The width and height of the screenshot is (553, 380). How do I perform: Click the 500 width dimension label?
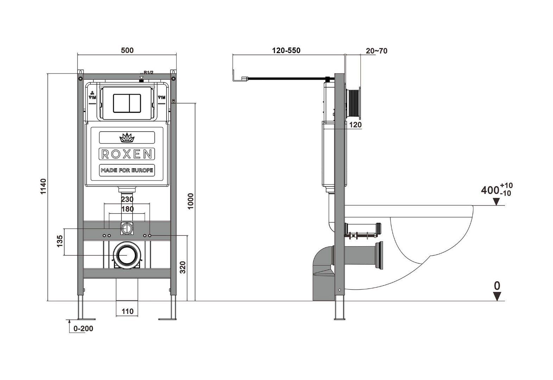127,50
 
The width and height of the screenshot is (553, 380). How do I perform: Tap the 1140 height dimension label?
43,186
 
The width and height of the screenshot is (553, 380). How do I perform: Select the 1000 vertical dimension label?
190,201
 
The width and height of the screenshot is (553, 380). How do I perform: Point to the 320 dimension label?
183,267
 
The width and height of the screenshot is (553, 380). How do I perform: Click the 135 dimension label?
59,241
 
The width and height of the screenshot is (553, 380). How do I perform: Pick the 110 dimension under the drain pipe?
127,311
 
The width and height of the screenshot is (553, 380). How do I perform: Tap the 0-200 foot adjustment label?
83,329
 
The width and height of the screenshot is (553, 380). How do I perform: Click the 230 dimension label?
127,199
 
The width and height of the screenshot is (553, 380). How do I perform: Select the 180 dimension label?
127,209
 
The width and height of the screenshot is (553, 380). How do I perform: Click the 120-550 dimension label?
286,50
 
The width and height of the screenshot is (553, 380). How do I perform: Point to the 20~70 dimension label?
376,51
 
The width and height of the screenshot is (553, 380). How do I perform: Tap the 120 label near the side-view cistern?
355,125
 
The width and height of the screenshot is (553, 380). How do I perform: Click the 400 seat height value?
490,190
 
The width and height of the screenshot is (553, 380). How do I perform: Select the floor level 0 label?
497,286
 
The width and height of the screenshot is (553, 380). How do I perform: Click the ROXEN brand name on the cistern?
127,154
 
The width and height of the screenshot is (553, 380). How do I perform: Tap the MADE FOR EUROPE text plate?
127,170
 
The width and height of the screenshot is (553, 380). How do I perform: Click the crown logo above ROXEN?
127,138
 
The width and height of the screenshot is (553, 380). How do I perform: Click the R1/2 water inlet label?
148,73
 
